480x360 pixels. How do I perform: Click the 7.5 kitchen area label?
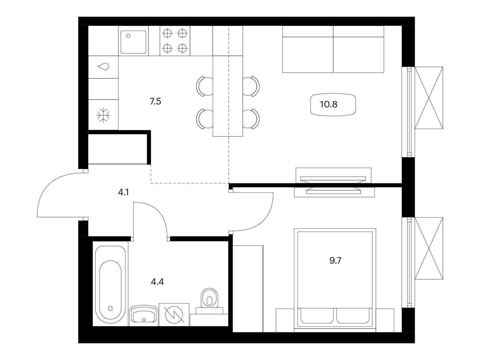coord(155,101)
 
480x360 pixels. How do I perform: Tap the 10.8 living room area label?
coord(328,104)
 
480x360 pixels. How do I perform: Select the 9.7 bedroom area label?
coord(335,260)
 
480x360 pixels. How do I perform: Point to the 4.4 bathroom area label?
coord(157,282)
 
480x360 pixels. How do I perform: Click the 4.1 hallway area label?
coord(123,192)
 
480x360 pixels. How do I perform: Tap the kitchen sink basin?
coord(133,42)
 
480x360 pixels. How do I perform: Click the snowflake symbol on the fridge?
coord(103,115)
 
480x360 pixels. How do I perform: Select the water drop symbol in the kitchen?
coord(103,66)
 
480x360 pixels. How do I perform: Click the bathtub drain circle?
coord(110,308)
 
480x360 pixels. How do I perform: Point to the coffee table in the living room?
coord(333,104)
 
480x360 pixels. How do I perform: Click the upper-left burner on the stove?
coord(167,34)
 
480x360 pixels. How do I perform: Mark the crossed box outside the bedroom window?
coord(429,248)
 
